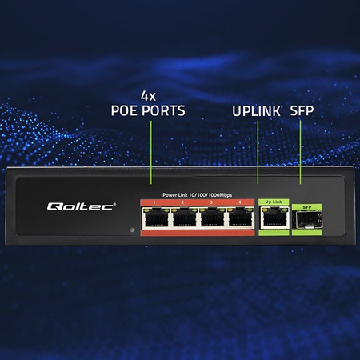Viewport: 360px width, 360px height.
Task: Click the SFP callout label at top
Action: [x=302, y=111]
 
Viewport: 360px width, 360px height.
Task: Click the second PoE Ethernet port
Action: [x=184, y=217]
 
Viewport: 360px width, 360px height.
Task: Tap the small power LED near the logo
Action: [x=132, y=231]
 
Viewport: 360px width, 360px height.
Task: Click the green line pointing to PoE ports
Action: [x=150, y=155]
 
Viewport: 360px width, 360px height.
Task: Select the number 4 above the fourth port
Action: [x=238, y=202]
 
